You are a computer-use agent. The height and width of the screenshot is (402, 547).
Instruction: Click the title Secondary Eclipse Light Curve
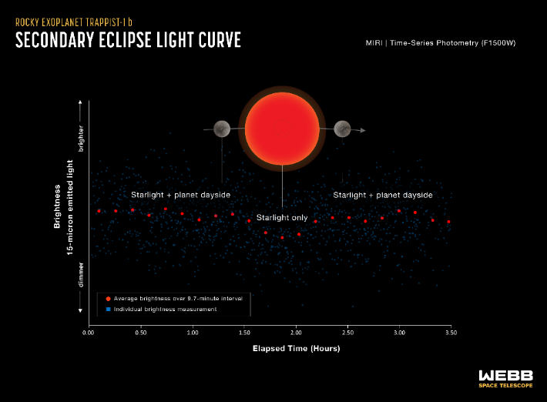coord(128,41)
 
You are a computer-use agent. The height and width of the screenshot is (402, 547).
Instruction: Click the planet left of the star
coord(222,129)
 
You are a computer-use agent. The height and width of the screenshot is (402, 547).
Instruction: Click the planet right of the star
coord(342,129)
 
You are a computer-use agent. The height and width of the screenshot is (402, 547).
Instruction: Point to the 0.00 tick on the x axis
coord(89,334)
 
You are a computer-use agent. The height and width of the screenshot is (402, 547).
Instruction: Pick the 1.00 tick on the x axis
coord(193,334)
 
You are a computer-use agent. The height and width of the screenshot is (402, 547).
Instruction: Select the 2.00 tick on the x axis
coord(296,334)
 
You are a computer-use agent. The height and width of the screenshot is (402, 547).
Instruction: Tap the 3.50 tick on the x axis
coord(451,334)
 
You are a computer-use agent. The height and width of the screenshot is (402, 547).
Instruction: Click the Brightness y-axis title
coord(57,207)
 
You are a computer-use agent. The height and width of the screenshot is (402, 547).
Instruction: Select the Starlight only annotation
coord(282,218)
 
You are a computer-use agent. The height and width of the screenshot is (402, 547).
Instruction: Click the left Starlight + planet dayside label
coord(180,196)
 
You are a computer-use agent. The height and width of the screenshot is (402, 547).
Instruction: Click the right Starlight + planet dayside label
coord(383,196)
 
